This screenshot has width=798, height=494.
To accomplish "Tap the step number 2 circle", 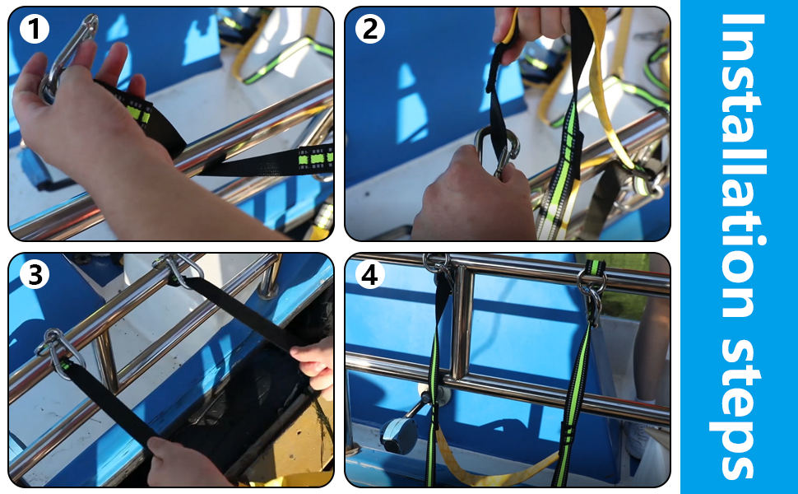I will (370, 30).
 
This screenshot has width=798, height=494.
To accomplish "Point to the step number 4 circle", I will (370, 275).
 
